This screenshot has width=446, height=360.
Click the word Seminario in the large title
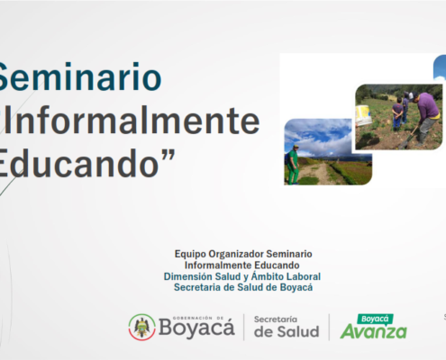tap(79, 76)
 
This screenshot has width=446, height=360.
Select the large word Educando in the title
tap(79, 163)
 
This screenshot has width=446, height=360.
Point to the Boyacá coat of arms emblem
tap(142, 327)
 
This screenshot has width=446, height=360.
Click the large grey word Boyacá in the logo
tap(196, 328)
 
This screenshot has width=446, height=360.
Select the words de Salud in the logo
tap(287, 332)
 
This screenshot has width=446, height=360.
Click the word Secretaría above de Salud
tap(276, 319)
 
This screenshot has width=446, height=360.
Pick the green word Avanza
tap(373, 332)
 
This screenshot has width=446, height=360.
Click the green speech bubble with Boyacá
tap(375, 319)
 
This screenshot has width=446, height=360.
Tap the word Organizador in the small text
tap(236, 254)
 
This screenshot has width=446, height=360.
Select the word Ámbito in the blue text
tap(267, 276)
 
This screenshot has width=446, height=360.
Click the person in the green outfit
tap(292, 165)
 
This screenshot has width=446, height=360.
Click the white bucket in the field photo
tap(363, 115)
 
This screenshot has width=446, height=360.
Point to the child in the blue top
tap(397, 113)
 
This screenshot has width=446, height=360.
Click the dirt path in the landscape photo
tap(318, 172)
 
